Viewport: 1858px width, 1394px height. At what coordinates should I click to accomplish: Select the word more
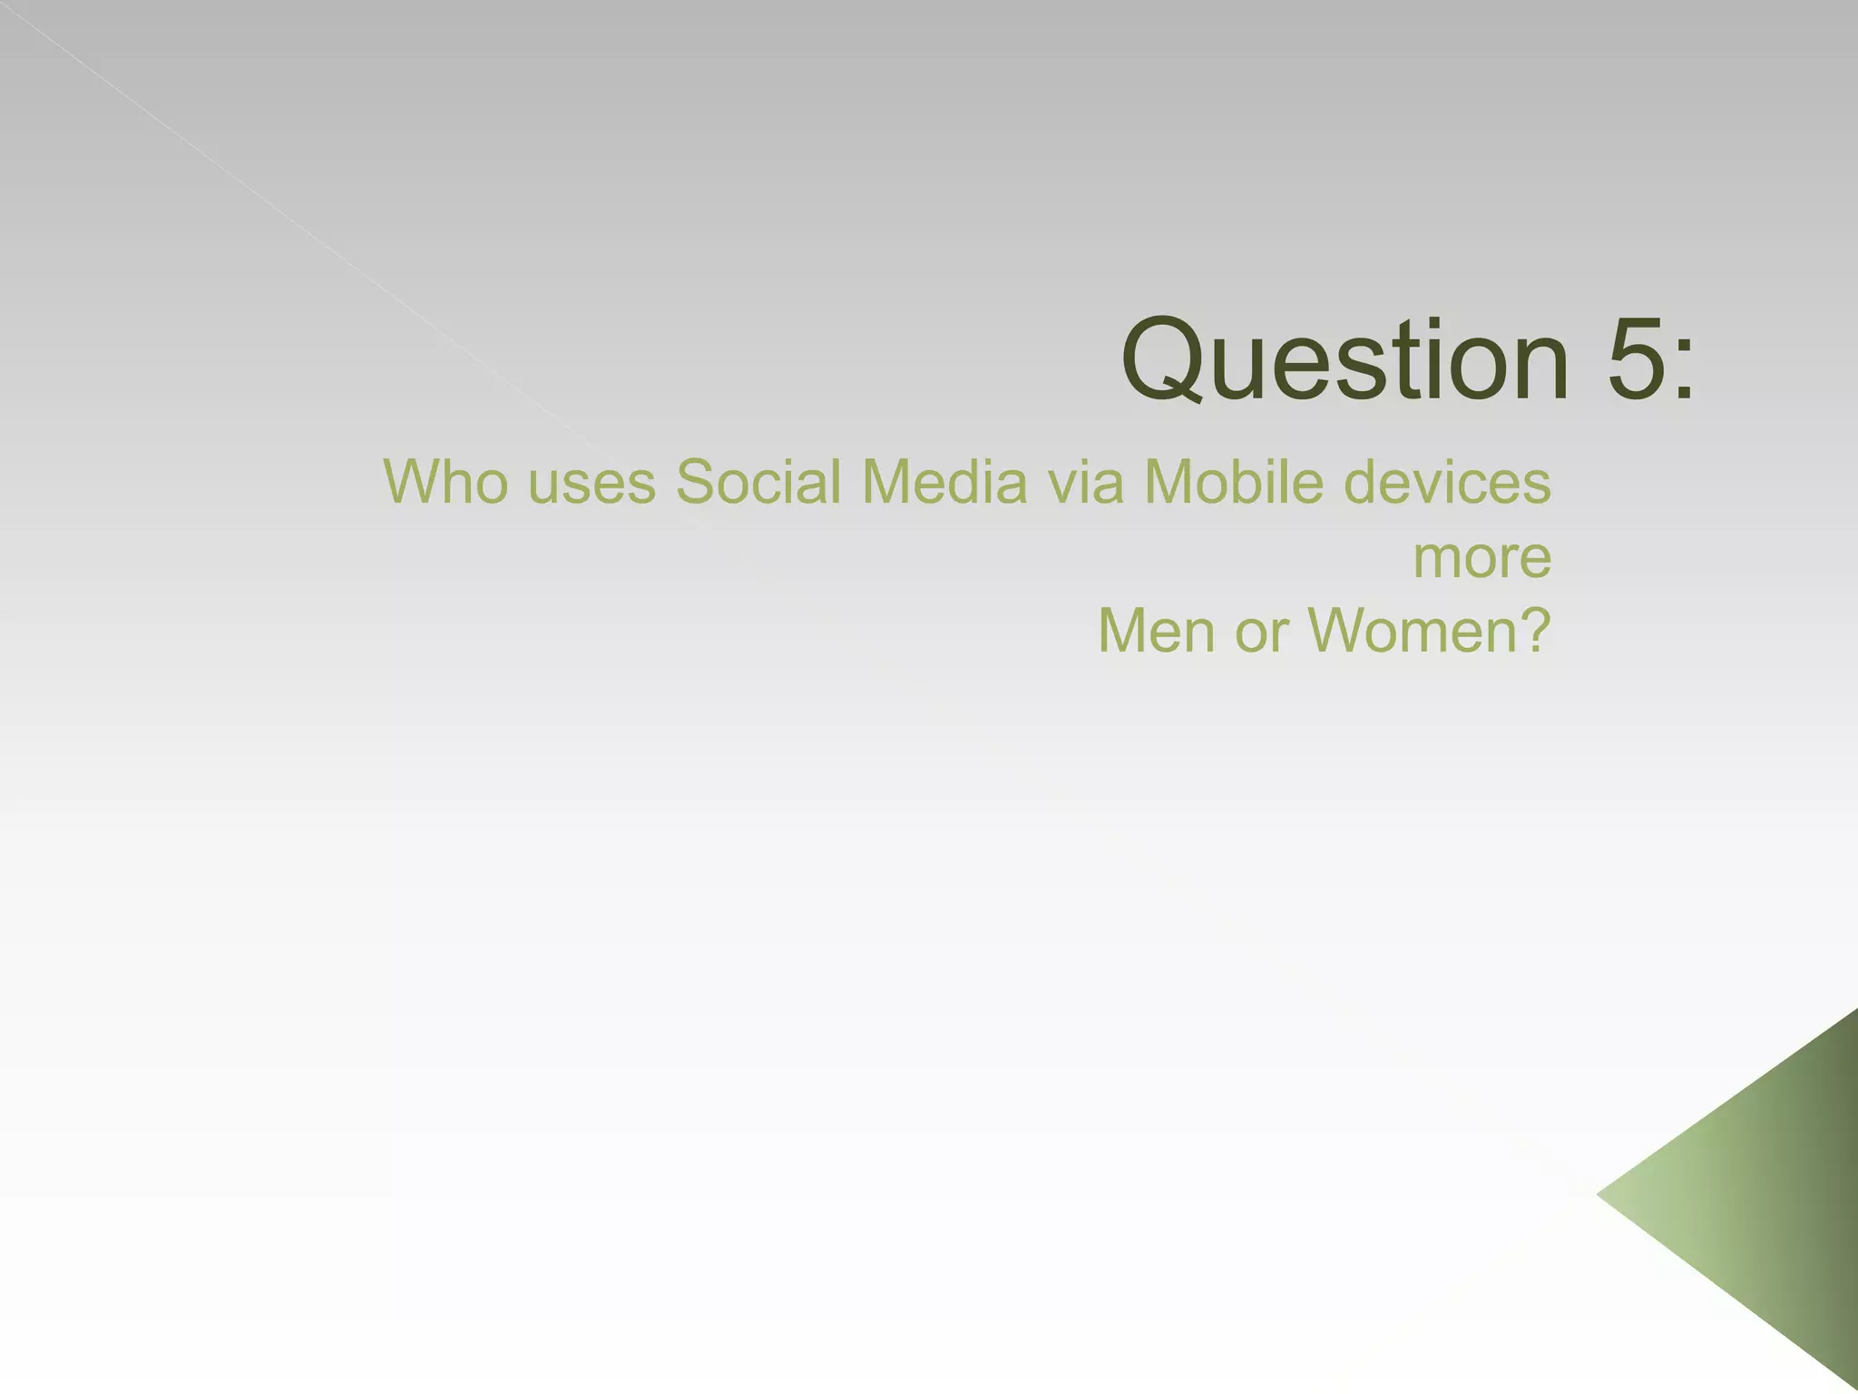click(x=1482, y=559)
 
